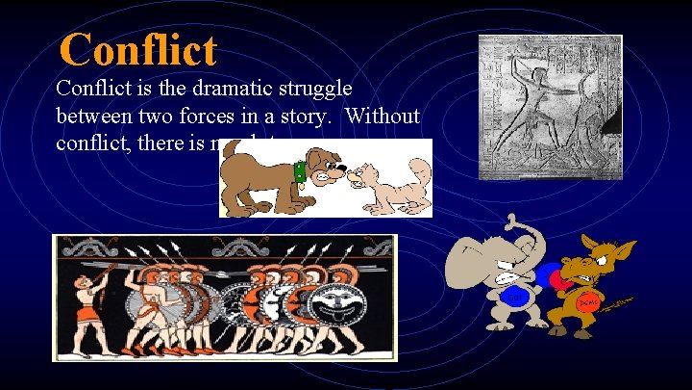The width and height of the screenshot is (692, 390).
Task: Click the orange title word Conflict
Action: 138,49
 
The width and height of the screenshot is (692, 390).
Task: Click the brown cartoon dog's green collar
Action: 299,173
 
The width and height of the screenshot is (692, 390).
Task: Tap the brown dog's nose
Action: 343,174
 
